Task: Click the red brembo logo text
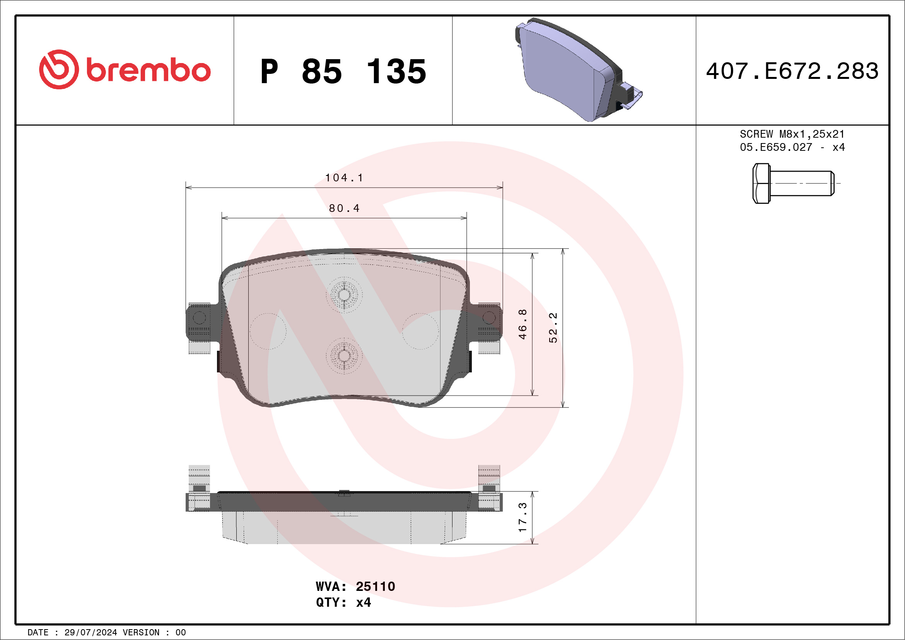pyautogui.click(x=148, y=70)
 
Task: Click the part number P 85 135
pyautogui.click(x=343, y=71)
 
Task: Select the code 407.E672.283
pyautogui.click(x=792, y=71)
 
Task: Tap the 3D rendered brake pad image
pyautogui.click(x=575, y=71)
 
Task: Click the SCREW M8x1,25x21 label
pyautogui.click(x=792, y=134)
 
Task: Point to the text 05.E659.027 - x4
pyautogui.click(x=792, y=147)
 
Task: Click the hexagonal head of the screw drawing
pyautogui.click(x=761, y=183)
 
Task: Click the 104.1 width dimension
pyautogui.click(x=344, y=178)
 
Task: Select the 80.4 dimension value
pyautogui.click(x=344, y=208)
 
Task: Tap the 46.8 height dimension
pyautogui.click(x=522, y=324)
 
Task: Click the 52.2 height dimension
pyautogui.click(x=553, y=328)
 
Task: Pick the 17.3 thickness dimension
pyautogui.click(x=522, y=517)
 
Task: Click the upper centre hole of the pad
pyautogui.click(x=344, y=295)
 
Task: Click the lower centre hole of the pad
pyautogui.click(x=344, y=356)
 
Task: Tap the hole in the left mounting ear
pyautogui.click(x=199, y=317)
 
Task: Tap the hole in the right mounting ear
pyautogui.click(x=489, y=317)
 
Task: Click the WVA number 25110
pyautogui.click(x=375, y=586)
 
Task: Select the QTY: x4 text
pyautogui.click(x=343, y=602)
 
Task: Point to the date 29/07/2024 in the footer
pyautogui.click(x=90, y=633)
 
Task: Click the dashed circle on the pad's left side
pyautogui.click(x=268, y=331)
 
